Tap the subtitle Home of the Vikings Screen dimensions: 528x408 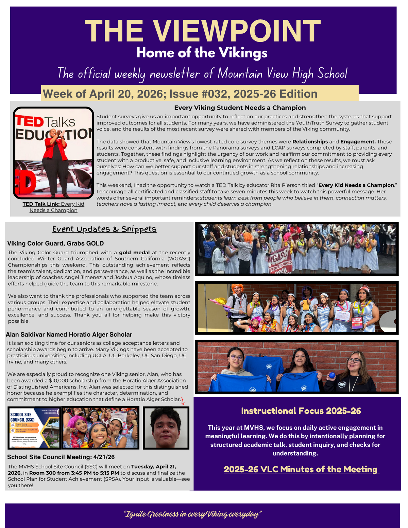(x=202, y=53)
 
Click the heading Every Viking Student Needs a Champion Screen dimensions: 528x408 (x=240, y=108)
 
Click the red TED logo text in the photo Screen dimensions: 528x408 (x=30, y=121)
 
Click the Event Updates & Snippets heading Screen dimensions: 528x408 (x=104, y=229)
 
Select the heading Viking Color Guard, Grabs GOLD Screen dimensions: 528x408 (x=55, y=243)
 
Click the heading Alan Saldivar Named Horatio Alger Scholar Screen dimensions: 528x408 (x=69, y=335)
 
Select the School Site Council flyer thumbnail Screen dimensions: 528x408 (x=34, y=428)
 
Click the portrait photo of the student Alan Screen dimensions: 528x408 (x=166, y=428)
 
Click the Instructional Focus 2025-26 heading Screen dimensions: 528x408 (x=301, y=411)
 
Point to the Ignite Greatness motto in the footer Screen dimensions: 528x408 (x=193, y=514)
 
